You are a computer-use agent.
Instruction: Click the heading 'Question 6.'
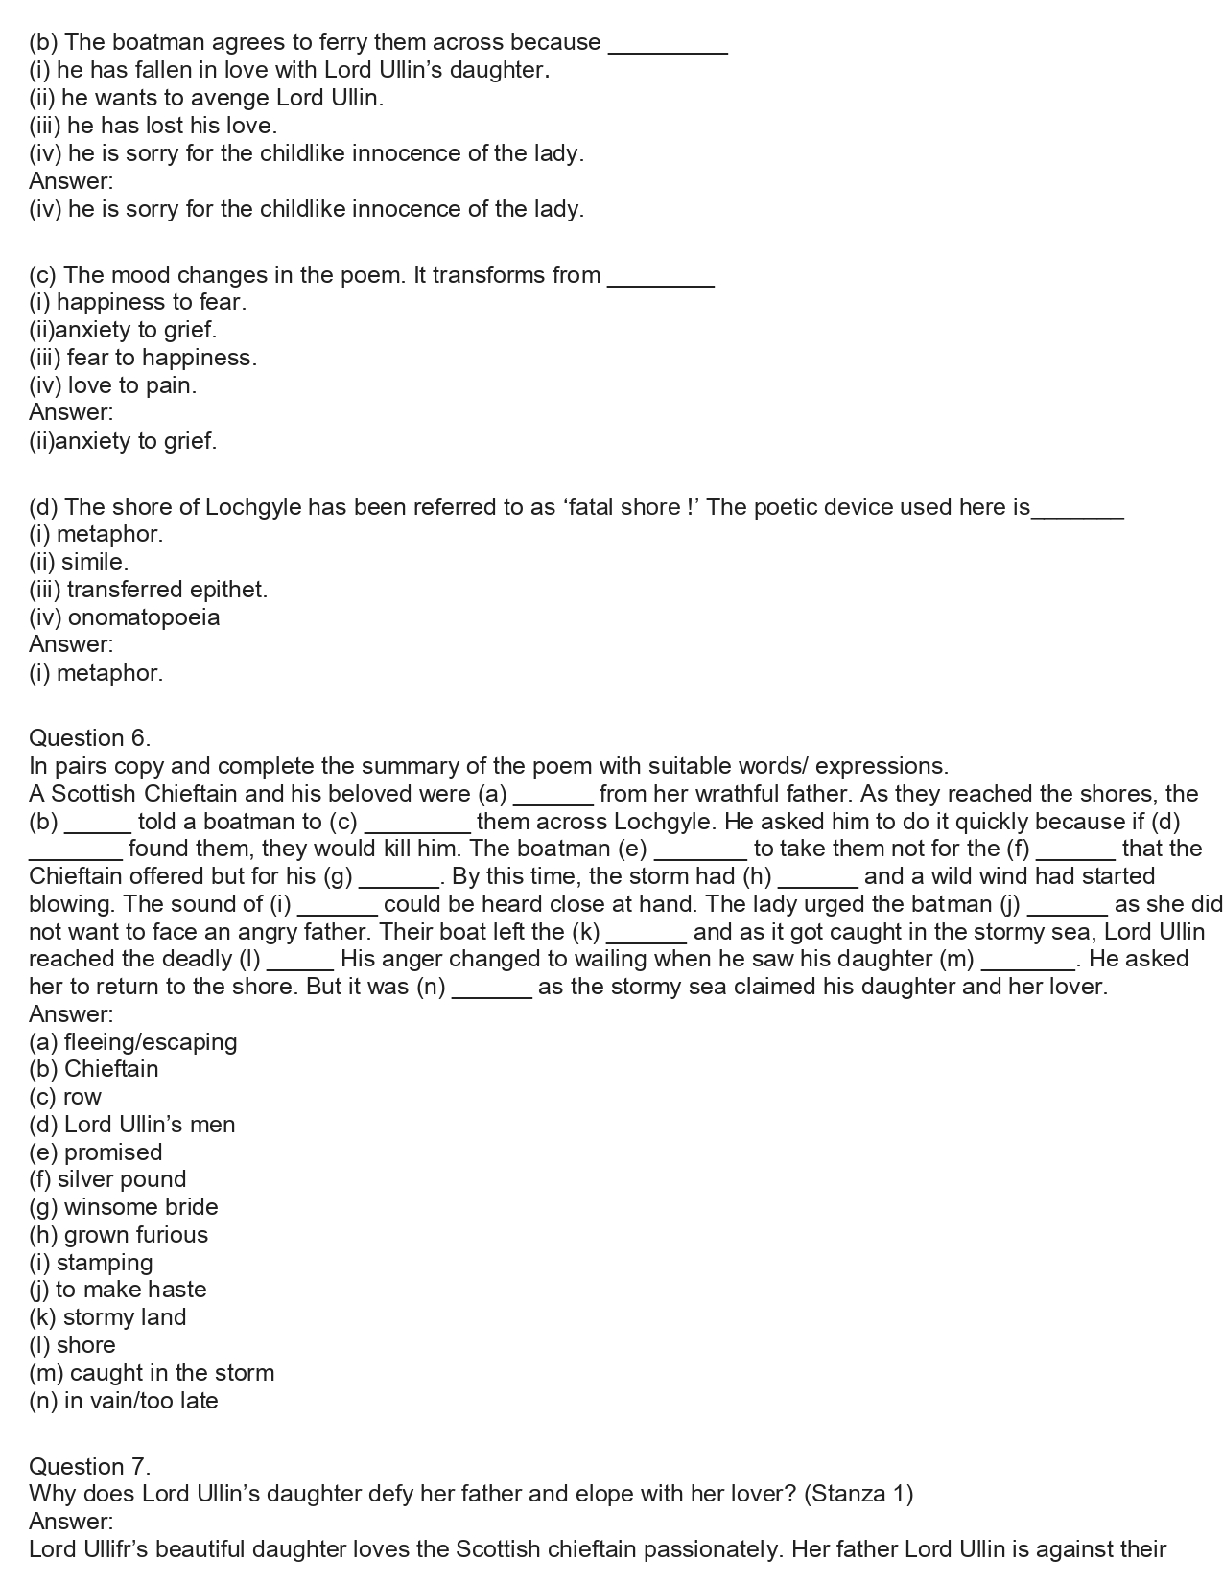89,738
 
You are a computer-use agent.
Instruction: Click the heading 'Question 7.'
89,1466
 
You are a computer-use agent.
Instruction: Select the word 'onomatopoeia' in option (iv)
144,617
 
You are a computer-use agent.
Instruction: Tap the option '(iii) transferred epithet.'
148,590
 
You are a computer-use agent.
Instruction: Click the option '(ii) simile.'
79,562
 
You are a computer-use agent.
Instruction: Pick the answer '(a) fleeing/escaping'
132,1042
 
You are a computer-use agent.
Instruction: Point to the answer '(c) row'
65,1097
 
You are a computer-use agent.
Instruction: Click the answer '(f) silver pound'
107,1179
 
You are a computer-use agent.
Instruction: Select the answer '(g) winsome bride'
124,1207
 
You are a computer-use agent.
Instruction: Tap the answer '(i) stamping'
91,1263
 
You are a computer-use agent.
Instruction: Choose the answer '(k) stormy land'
107,1317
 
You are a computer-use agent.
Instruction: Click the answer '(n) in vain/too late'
124,1401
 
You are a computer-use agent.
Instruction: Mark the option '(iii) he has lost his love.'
153,126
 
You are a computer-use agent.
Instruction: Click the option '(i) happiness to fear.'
137,302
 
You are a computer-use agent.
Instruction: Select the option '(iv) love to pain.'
112,385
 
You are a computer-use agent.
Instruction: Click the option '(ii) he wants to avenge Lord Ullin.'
206,98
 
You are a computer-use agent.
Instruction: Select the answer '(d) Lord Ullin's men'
132,1125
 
